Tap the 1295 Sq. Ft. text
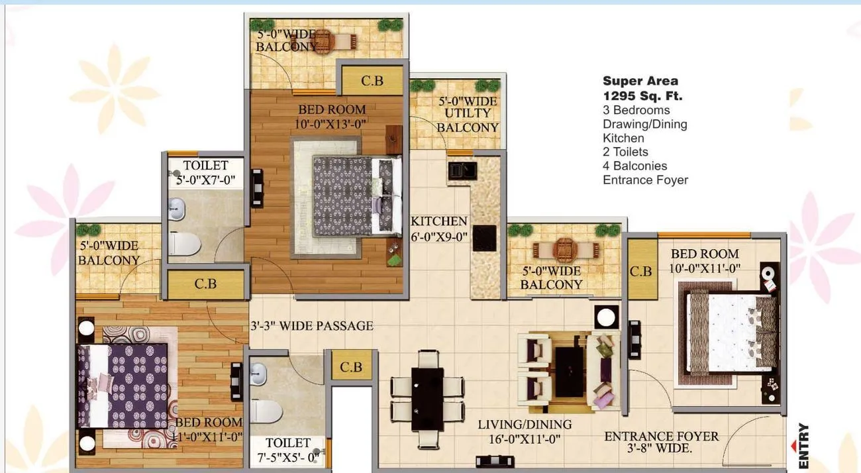[x=642, y=95]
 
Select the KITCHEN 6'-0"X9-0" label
[x=439, y=229]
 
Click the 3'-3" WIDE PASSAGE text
[x=312, y=326]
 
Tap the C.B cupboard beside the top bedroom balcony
[x=372, y=80]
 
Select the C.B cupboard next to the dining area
[x=351, y=366]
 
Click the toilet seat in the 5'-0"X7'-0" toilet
[x=185, y=245]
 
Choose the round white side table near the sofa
[x=606, y=317]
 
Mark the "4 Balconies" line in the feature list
[x=634, y=166]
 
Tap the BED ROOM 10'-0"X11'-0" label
[x=705, y=260]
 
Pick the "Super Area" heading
[x=640, y=81]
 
